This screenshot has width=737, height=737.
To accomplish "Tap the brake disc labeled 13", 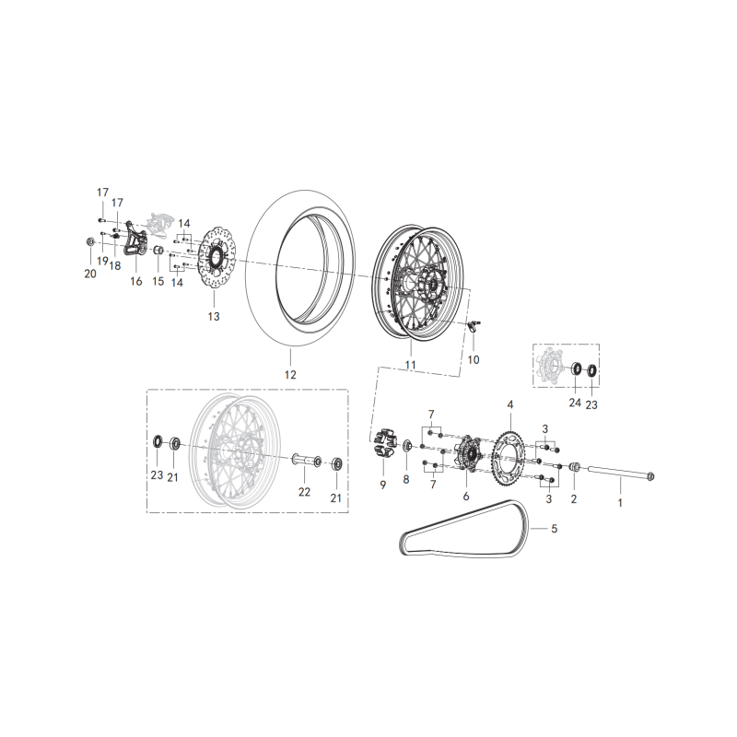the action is click(x=216, y=258).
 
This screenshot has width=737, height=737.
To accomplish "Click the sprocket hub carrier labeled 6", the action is click(x=466, y=454).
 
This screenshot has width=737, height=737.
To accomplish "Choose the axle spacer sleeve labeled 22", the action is click(x=306, y=459).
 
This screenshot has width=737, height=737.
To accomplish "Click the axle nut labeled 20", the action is click(x=89, y=241).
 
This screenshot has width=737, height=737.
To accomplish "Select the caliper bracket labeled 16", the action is click(x=135, y=240).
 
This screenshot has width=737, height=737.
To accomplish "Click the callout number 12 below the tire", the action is click(x=290, y=375).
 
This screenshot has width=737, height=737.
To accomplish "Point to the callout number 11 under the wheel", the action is click(x=410, y=365).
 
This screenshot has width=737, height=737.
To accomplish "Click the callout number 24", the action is click(x=575, y=403).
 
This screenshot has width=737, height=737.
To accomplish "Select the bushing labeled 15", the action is click(x=158, y=250).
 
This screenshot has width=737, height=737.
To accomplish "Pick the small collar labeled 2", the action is click(x=574, y=467).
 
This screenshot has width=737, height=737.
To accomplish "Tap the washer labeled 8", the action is click(x=407, y=445).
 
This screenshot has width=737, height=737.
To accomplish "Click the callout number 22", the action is click(x=305, y=492).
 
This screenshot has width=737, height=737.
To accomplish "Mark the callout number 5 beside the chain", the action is click(x=555, y=529).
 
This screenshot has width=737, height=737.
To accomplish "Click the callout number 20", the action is click(x=90, y=274).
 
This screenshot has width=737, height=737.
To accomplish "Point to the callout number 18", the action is click(x=114, y=265).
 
